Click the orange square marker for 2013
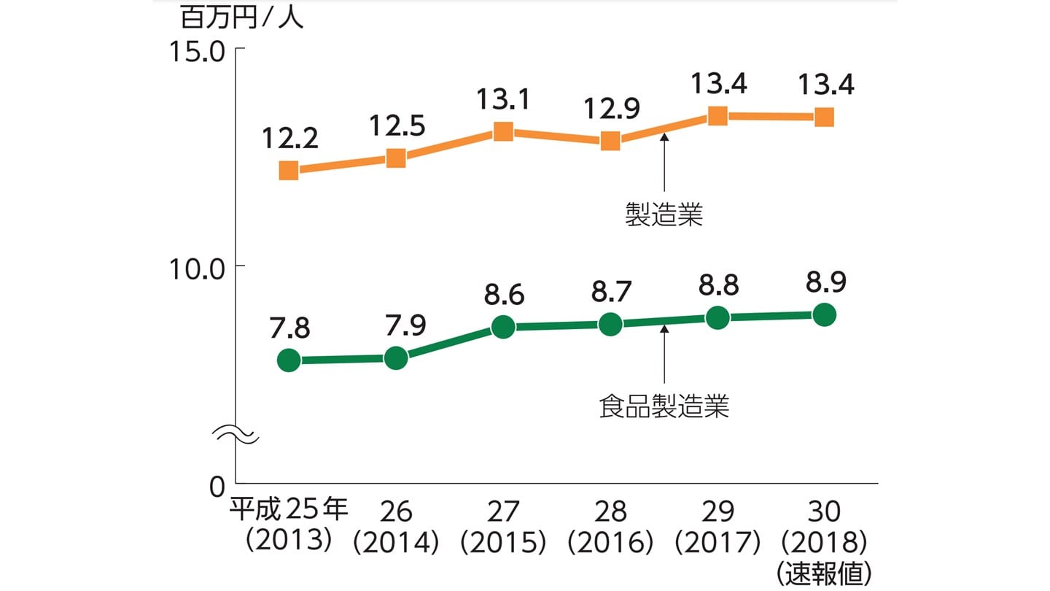289,171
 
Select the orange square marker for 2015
503,132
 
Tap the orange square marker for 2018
824,117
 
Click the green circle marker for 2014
396,358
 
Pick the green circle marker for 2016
610,324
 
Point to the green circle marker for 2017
717,317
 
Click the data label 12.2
289,136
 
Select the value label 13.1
503,98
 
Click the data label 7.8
289,328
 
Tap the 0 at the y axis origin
217,486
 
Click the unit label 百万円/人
242,18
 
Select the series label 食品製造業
664,406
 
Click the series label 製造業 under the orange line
664,215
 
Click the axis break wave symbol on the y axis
236,435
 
